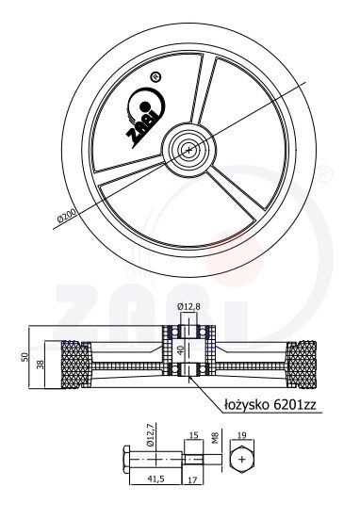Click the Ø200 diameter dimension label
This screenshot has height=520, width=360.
[66, 216]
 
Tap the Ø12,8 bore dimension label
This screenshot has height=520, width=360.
[188, 306]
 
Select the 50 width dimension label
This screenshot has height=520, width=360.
[25, 357]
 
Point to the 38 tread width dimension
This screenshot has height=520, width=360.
[41, 365]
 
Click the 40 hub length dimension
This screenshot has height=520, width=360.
[181, 350]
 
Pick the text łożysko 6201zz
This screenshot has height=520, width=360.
[270, 404]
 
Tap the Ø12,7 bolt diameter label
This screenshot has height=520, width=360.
[150, 439]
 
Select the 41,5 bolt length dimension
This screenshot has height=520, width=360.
[155, 479]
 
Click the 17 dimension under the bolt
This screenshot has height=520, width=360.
[193, 479]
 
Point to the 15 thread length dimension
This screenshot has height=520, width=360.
[194, 435]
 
